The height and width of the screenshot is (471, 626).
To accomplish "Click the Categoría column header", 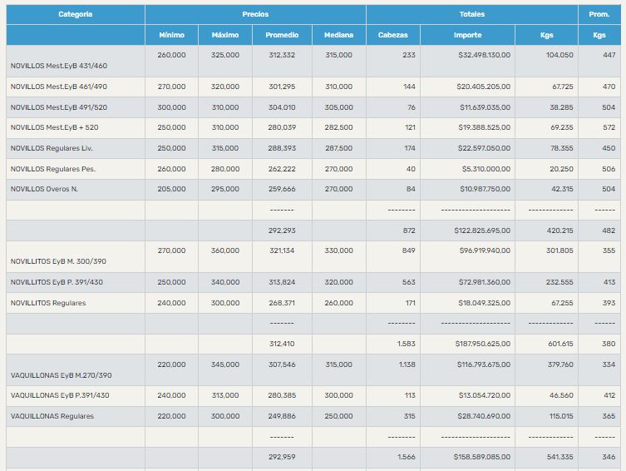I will (x=76, y=14).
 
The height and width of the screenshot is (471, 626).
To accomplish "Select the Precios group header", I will (x=255, y=14).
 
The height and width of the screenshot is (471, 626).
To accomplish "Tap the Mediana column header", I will (x=338, y=35).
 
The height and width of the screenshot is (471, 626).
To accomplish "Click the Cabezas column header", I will (x=392, y=35).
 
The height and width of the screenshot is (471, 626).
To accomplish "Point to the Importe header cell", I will (x=467, y=35).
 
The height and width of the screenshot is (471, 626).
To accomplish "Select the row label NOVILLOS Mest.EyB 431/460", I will (x=59, y=66).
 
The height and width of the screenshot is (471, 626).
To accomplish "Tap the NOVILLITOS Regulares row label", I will (x=48, y=303).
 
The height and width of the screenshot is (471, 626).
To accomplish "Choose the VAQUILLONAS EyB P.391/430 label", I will (x=60, y=395).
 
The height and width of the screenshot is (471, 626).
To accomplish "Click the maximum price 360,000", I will (x=225, y=250).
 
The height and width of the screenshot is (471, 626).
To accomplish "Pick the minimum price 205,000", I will (x=171, y=189).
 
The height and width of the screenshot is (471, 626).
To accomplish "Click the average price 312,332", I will (x=282, y=55).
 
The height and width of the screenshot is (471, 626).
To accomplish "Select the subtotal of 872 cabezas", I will (x=409, y=231).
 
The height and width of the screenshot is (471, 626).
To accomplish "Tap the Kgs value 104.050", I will (x=559, y=55).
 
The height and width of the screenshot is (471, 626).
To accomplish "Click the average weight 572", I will (x=609, y=127).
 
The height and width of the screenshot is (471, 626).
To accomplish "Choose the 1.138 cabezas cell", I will (x=407, y=364).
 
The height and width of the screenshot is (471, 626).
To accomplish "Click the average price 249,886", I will (x=282, y=416).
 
